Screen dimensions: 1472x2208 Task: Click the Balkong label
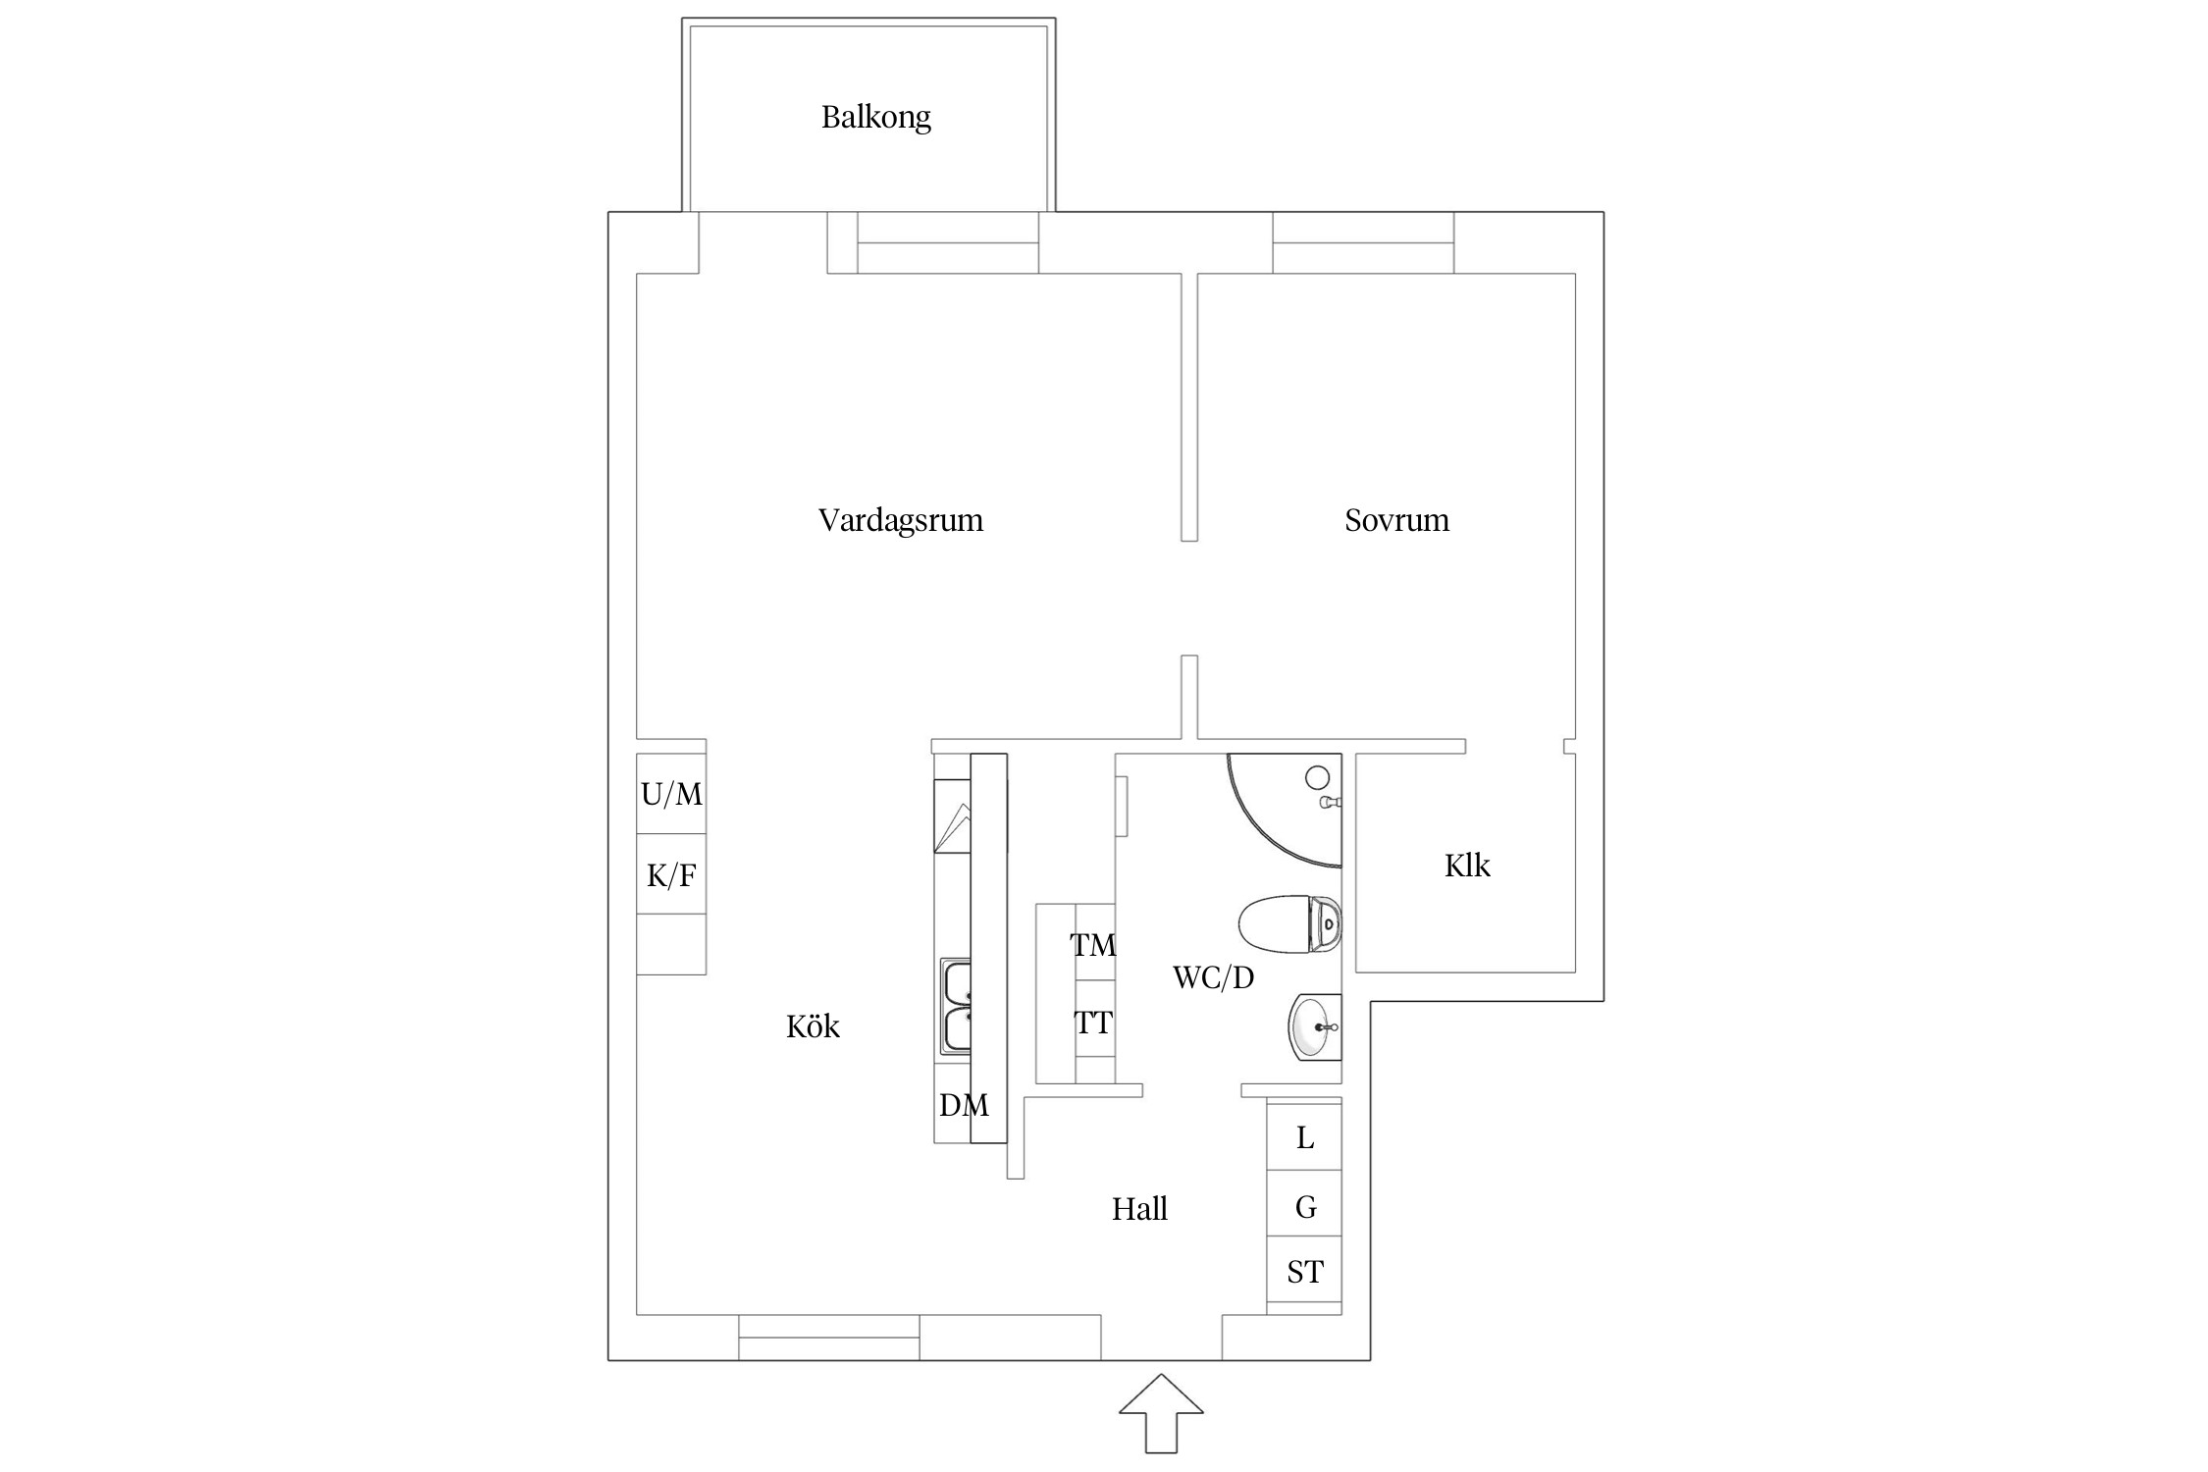pyautogui.click(x=875, y=117)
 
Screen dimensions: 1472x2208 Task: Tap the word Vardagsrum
pyautogui.click(x=900, y=519)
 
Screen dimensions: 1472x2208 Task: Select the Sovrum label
pyautogui.click(x=1395, y=519)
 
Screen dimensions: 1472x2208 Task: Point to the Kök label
pyautogui.click(x=813, y=1026)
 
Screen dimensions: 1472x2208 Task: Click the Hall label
pyautogui.click(x=1138, y=1209)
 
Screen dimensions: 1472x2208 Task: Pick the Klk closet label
pyautogui.click(x=1466, y=866)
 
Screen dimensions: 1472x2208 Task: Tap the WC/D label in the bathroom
pyautogui.click(x=1213, y=977)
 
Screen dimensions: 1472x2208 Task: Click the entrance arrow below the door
pyautogui.click(x=1161, y=1412)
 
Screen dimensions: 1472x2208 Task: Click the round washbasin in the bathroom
pyautogui.click(x=1313, y=1027)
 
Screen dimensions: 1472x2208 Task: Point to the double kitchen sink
pyautogui.click(x=956, y=1006)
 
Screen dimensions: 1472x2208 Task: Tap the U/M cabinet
pyautogui.click(x=671, y=794)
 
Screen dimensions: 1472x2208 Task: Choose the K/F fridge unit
pyautogui.click(x=671, y=874)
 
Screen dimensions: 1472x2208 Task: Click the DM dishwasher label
pyautogui.click(x=963, y=1106)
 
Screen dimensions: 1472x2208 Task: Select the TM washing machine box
pyautogui.click(x=1093, y=944)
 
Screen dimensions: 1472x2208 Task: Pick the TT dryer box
pyautogui.click(x=1093, y=1024)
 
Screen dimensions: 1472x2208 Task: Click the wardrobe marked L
pyautogui.click(x=1304, y=1137)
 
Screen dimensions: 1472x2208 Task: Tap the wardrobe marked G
pyautogui.click(x=1304, y=1206)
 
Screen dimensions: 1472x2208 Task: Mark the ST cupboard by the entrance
pyautogui.click(x=1304, y=1272)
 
